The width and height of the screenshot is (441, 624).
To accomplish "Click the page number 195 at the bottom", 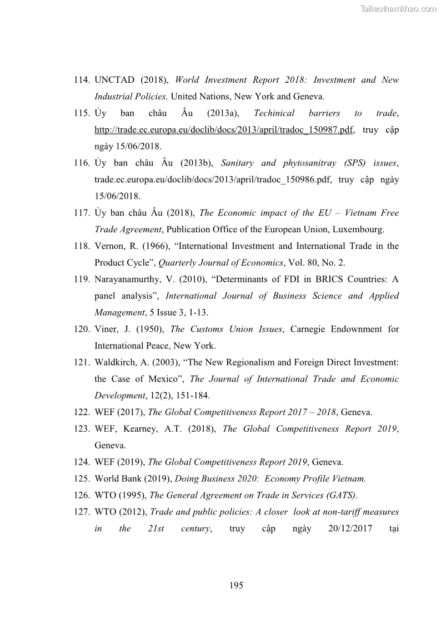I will pos(236,585).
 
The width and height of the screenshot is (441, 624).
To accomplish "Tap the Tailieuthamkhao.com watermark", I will pos(398,8).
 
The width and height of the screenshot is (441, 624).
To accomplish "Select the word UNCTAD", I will pos(114,80).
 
